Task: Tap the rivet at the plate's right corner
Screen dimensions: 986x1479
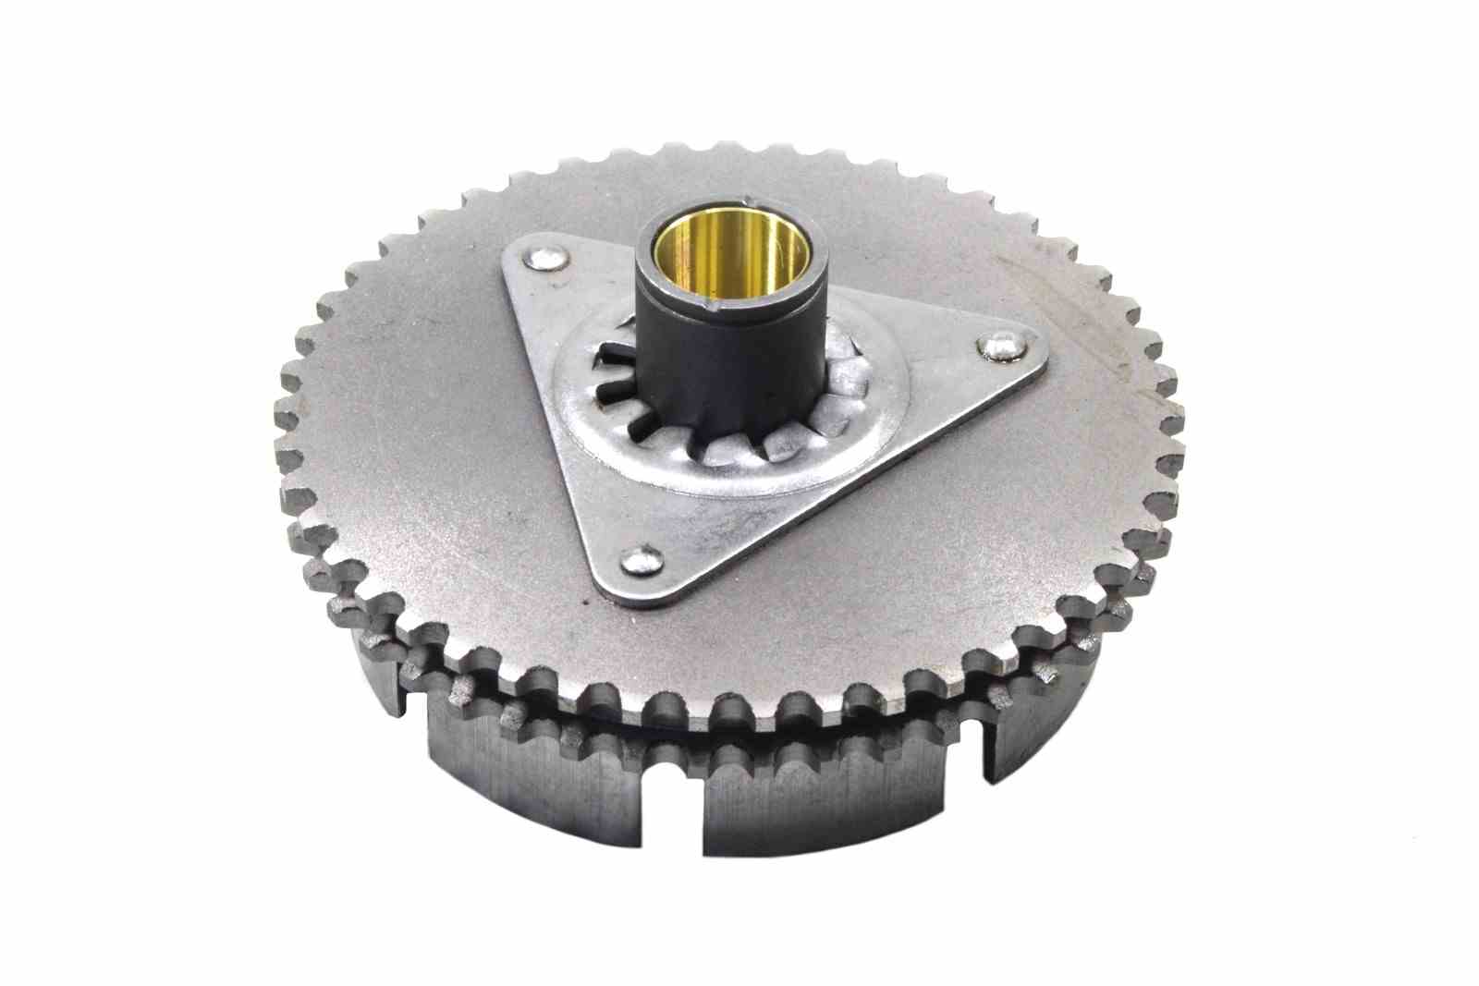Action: pos(1001,347)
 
